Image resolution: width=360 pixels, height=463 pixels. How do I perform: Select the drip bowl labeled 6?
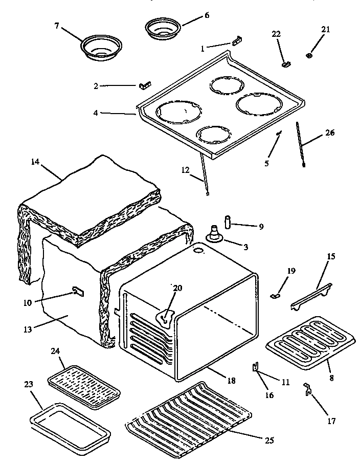[x=161, y=28]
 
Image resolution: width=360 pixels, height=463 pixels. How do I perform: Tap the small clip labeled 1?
[x=237, y=40]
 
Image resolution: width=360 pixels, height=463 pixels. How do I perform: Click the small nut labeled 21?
[x=310, y=55]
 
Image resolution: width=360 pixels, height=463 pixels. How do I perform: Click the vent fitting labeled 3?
[x=214, y=236]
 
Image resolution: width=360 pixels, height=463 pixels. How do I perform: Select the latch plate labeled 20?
[x=165, y=317]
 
